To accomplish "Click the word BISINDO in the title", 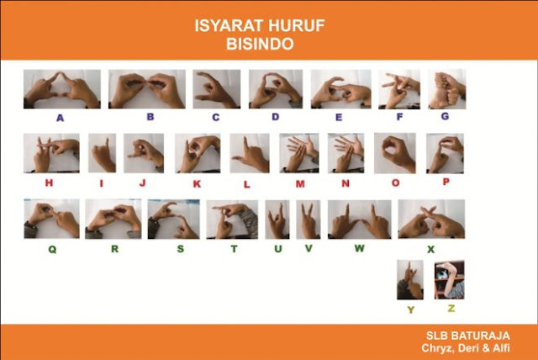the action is pos(260,44).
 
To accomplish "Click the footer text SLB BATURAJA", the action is pos(468,336).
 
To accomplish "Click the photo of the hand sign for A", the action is pos(62,89).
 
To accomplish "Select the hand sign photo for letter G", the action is pos(447,89).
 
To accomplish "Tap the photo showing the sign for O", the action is pos(395,153).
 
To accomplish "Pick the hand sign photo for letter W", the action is pos(359,220).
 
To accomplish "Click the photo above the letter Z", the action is pos(450,280).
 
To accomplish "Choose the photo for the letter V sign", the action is pos(309,220).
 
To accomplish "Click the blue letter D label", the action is pos(275,117).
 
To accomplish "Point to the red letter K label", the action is pos(197,184).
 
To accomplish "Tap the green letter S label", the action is pos(181,249).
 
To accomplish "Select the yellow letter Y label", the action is pos(411,310).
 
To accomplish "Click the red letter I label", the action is pos(101,183).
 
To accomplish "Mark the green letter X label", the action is pos(430,250).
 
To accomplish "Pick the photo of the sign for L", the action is pos(250,153).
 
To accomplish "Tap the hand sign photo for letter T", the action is pos(232,220).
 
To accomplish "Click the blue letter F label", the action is pos(399,117).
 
